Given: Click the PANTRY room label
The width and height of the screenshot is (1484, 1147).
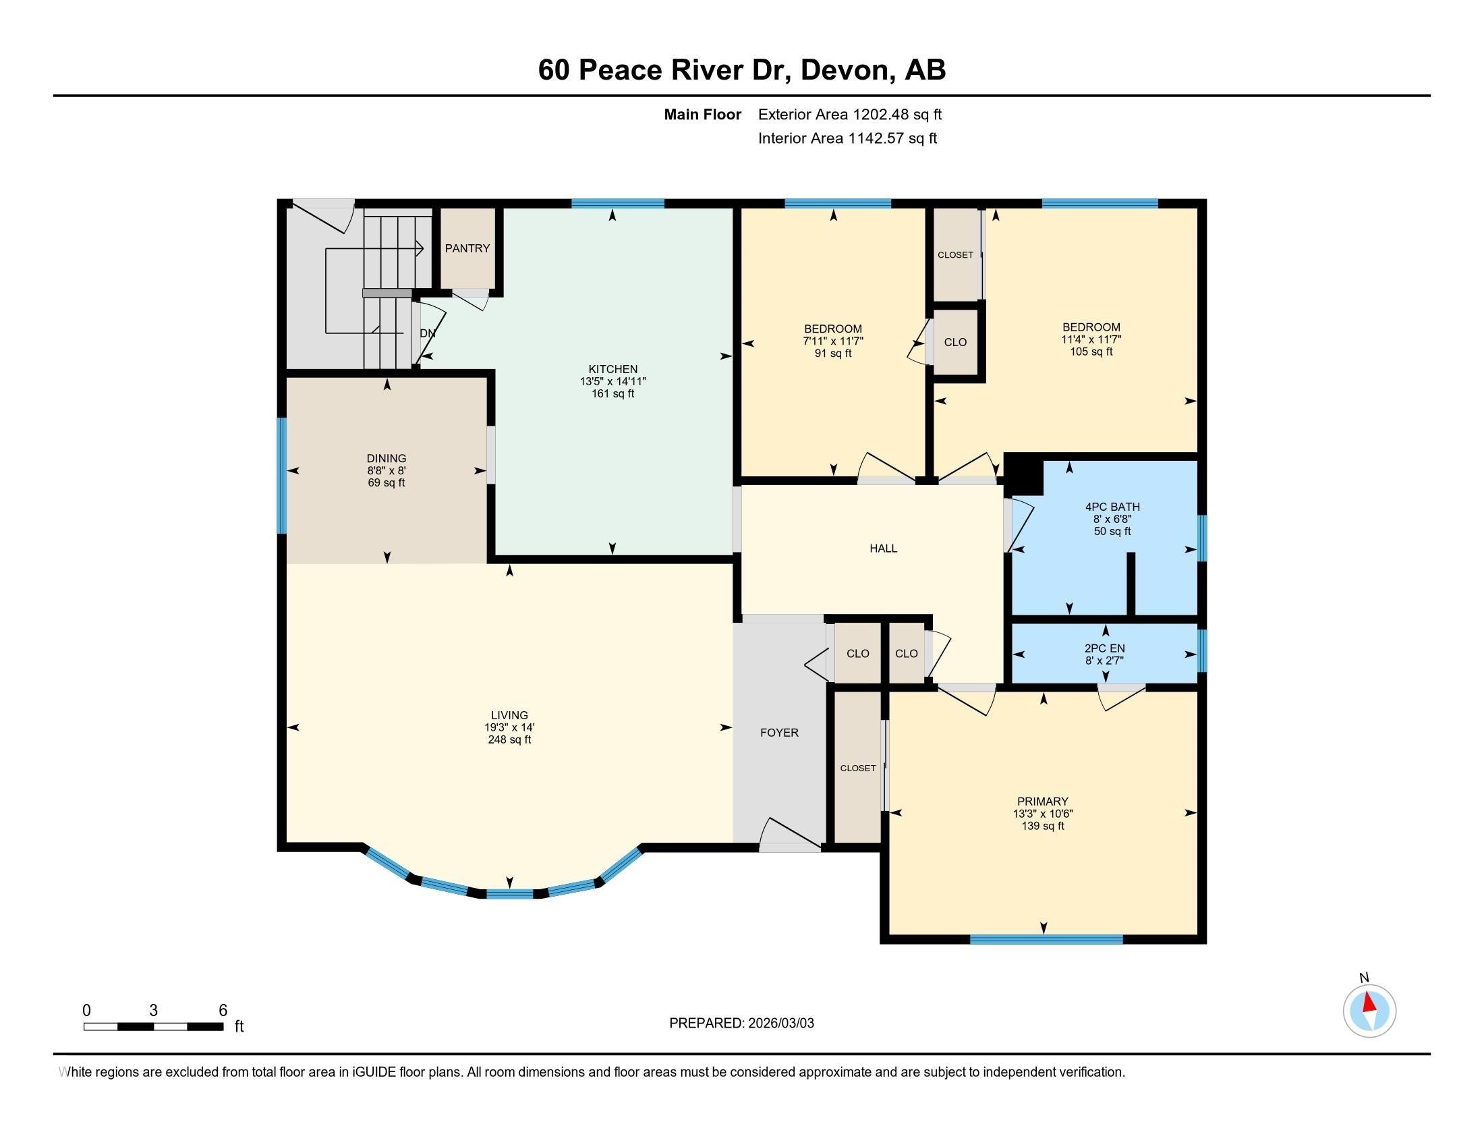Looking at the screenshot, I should coord(467,249).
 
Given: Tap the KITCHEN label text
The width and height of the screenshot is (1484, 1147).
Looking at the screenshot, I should coord(612,370).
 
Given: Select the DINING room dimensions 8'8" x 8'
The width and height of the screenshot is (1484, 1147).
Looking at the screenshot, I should coord(386,470).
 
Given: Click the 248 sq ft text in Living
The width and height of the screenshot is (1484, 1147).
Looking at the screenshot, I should coord(509,739).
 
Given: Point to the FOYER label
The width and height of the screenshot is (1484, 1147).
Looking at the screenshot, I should coord(778,733).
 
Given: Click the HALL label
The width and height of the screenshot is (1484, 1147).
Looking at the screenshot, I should coord(883,549).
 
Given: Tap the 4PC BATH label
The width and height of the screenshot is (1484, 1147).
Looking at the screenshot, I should coord(1112,507).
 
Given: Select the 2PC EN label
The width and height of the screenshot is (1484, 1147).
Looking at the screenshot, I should coord(1105,648).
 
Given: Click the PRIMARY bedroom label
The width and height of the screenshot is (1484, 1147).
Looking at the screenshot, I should coord(1042,801).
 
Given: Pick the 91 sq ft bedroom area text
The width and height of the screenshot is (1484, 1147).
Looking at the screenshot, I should coord(832,354).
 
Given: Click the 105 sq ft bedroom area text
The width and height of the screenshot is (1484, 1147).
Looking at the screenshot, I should coord(1091,352).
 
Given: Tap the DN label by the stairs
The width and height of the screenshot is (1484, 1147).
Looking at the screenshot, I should coord(428,333).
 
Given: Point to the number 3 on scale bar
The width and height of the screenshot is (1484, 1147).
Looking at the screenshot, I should coord(154,1011).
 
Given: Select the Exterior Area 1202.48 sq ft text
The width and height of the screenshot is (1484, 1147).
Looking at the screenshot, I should coord(849,115).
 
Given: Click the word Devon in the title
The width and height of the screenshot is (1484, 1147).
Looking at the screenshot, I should coord(843,70).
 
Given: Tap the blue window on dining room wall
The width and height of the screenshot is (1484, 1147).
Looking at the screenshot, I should coord(281,476).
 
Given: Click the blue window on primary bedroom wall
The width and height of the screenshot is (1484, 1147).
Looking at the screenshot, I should coord(1046,939).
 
